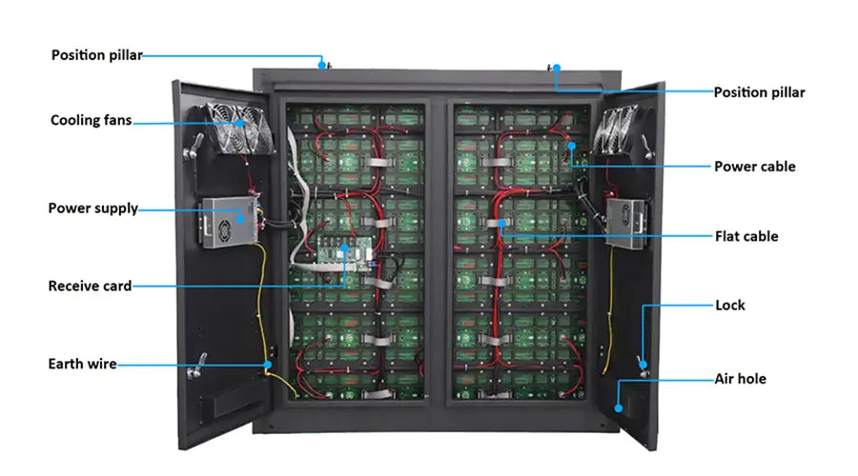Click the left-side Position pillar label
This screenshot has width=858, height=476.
click(97, 55)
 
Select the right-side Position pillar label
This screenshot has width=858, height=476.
click(760, 92)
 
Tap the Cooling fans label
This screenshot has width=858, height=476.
click(91, 120)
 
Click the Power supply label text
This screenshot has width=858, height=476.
click(93, 208)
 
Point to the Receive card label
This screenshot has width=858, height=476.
click(90, 286)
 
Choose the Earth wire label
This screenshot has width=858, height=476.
click(82, 364)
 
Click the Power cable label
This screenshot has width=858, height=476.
click(755, 167)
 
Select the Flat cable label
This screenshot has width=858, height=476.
click(746, 237)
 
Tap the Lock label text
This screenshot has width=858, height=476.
click(730, 305)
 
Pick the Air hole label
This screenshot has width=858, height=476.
click(740, 379)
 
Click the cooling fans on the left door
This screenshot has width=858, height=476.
click(240, 129)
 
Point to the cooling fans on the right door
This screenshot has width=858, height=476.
click(614, 129)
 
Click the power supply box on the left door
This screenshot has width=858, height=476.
click(229, 223)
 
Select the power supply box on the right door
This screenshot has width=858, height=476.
click(627, 224)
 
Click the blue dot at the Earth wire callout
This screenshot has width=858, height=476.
click(268, 365)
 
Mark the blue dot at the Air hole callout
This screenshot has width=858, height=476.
click(619, 408)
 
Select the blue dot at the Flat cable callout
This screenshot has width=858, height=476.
click(501, 224)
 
